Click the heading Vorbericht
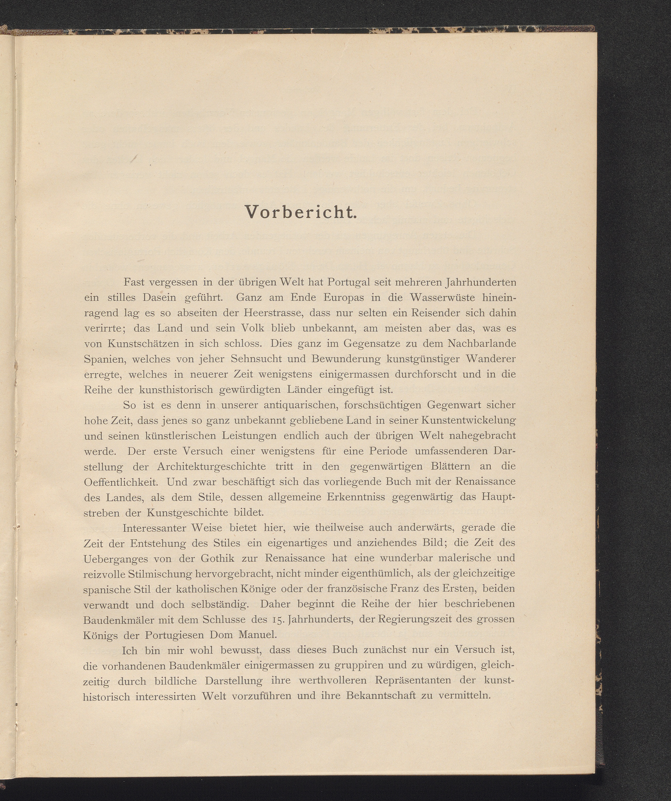(x=301, y=212)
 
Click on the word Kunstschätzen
(x=143, y=344)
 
